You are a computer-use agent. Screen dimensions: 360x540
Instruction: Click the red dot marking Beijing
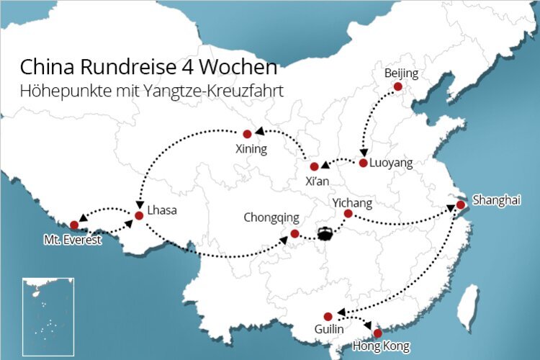(397, 87)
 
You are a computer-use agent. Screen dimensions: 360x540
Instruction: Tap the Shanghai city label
(495, 200)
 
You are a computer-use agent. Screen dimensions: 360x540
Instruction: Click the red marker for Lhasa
(139, 215)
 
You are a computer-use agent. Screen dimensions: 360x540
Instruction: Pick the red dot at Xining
(247, 133)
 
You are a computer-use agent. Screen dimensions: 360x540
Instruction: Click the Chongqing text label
(271, 217)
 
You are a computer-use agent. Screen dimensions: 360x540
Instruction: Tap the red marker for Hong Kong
(377, 333)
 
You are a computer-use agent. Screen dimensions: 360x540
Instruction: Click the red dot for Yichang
(348, 213)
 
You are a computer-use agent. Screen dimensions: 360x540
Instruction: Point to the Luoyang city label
(391, 163)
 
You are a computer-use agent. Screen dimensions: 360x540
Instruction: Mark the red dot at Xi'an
(314, 166)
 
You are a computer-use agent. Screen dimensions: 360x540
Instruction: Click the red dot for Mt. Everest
(74, 225)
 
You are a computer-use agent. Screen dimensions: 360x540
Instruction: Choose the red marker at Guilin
(328, 315)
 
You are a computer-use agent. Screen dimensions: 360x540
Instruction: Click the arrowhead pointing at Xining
(260, 132)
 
